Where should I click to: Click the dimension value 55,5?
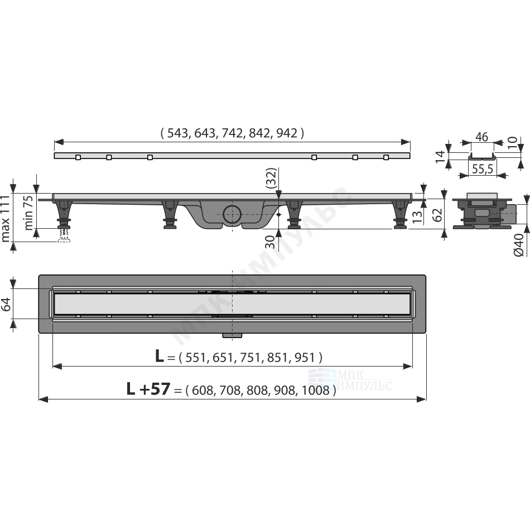tap(483, 168)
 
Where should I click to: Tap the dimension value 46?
tap(481, 137)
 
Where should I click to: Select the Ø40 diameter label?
tap(518, 244)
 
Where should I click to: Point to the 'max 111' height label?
tap(6, 218)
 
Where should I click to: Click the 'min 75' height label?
tap(28, 213)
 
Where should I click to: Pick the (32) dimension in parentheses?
tap(271, 178)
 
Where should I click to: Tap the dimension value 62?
tap(437, 215)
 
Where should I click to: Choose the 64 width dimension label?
tap(6, 304)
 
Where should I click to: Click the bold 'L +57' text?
tap(148, 389)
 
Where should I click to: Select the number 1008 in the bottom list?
tap(315, 391)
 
